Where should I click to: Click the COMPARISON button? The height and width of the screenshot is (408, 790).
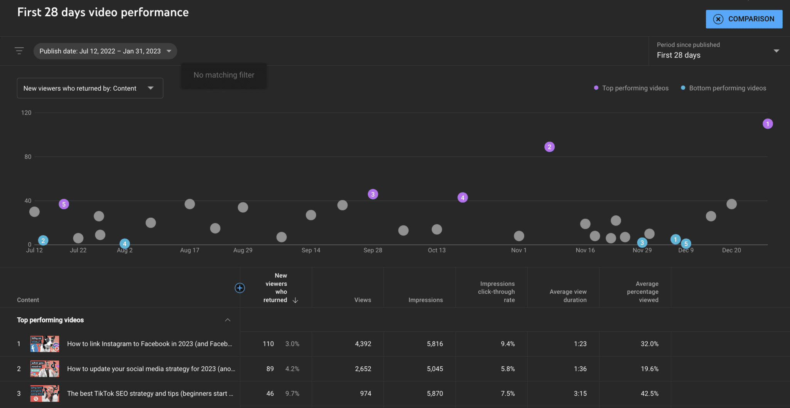[x=744, y=19]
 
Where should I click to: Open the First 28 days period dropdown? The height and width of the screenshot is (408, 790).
[x=717, y=51]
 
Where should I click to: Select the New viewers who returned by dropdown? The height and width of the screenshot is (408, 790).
[x=90, y=88]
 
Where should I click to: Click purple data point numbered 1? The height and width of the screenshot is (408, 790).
[x=768, y=124]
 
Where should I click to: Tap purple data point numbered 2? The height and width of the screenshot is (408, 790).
[x=549, y=147]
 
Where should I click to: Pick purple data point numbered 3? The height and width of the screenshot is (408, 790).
[x=373, y=194]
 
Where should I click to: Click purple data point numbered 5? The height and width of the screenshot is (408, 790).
[x=64, y=204]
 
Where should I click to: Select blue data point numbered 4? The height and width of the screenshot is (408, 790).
[x=124, y=244]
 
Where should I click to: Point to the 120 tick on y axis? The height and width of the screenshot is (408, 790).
[x=26, y=113]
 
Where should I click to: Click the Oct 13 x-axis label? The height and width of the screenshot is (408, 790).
[x=437, y=250]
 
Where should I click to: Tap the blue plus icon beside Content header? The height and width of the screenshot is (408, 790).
[x=240, y=288]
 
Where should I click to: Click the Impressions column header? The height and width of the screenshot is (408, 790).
[x=425, y=300]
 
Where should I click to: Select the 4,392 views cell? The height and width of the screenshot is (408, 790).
[x=363, y=344]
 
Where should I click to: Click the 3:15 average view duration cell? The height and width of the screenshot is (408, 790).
[x=580, y=393]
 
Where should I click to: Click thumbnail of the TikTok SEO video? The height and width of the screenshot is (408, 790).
[x=45, y=393]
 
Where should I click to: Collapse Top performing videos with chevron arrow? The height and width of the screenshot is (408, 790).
[x=228, y=320]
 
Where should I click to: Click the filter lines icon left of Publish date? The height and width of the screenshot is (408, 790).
[x=19, y=51]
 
